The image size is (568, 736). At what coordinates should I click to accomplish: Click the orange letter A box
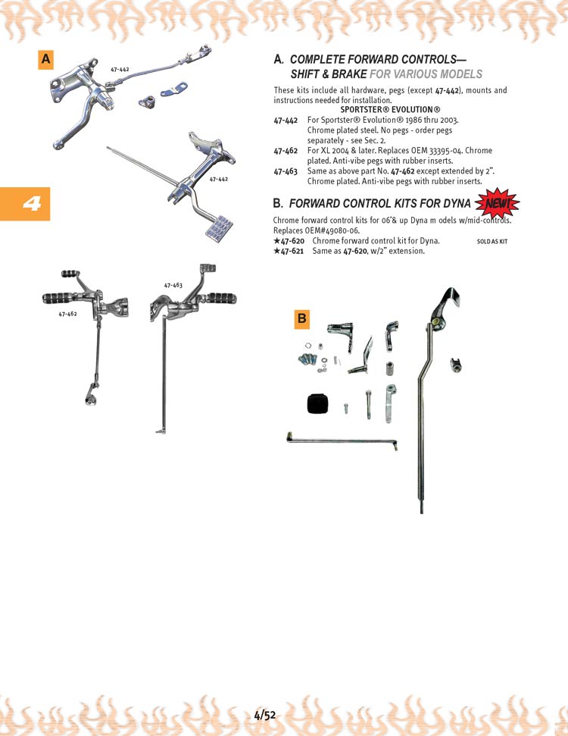tap(45, 60)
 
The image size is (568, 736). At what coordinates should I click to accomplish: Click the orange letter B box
tap(301, 319)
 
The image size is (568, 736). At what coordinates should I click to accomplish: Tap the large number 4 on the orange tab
tap(31, 203)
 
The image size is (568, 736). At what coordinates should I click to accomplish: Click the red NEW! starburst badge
tap(497, 204)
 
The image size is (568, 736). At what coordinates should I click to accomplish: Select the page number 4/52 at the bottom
tap(265, 716)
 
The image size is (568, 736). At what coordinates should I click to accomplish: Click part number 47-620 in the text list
tap(289, 241)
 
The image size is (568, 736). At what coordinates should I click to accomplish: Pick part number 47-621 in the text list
tap(289, 251)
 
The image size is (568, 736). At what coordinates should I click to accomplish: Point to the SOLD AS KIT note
tap(492, 241)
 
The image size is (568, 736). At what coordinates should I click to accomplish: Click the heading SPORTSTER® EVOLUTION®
tap(390, 110)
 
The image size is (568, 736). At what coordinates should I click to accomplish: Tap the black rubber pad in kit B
tap(317, 402)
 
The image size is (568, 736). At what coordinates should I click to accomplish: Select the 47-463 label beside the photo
tap(173, 285)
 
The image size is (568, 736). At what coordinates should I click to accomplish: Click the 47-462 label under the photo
tap(67, 314)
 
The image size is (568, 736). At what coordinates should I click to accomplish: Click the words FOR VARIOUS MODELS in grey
tap(426, 74)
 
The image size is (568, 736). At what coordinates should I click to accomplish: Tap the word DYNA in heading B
tap(457, 204)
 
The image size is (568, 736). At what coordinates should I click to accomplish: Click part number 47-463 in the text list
tap(286, 171)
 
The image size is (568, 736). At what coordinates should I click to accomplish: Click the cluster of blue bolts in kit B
tap(307, 360)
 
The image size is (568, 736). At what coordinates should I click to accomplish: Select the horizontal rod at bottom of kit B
tap(342, 440)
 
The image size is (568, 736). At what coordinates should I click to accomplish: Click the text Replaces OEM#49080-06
tap(317, 230)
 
